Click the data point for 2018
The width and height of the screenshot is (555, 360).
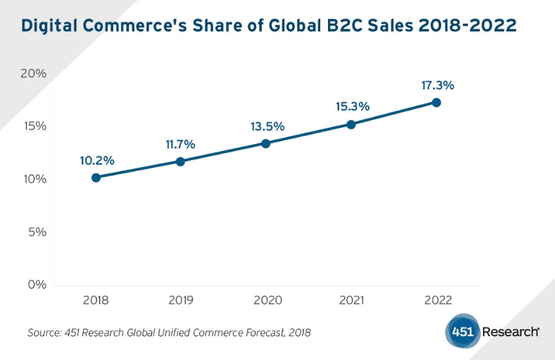point(96,177)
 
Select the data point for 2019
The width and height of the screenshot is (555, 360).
point(181,161)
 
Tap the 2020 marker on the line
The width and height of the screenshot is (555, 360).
point(266,143)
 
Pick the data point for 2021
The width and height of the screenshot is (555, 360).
point(350,124)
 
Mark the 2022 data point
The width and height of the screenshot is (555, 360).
point(436,102)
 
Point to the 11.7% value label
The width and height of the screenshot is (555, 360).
point(180,144)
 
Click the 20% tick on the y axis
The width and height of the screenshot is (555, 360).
point(33,73)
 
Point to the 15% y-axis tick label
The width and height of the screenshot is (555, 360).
point(33,126)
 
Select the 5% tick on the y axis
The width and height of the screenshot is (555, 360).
point(36,231)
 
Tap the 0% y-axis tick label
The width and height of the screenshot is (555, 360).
point(36,284)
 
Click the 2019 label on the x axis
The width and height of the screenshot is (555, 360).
point(181,300)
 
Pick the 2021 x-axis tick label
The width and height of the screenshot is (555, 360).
point(350,300)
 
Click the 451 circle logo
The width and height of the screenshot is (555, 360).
point(462,332)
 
